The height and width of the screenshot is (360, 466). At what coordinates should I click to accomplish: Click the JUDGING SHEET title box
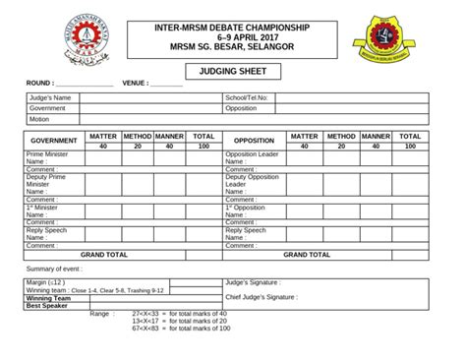tap(232, 71)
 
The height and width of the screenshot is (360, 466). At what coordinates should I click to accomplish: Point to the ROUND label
tap(39, 84)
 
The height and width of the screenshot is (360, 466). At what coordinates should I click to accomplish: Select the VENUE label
tap(135, 84)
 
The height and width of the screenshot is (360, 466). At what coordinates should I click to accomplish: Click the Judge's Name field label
tap(50, 98)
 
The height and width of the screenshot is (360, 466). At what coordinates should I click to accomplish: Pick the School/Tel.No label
tap(247, 98)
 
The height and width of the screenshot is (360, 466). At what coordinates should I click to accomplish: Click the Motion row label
tap(39, 119)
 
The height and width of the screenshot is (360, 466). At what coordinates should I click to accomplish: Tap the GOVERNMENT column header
tap(54, 141)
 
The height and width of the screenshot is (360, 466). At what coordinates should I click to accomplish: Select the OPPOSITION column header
tap(254, 141)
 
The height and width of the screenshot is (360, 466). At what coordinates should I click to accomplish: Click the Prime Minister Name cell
tap(54, 158)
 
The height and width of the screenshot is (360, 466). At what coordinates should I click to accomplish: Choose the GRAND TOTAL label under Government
tap(104, 254)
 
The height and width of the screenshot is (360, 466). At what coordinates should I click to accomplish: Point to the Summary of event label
tap(55, 269)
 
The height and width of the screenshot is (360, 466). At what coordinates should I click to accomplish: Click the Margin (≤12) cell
tap(45, 282)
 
